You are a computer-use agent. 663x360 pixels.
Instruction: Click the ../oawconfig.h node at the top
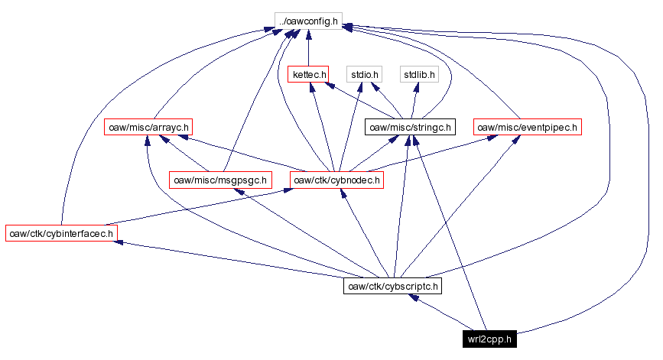click(307, 21)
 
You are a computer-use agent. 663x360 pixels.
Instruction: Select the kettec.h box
click(308, 74)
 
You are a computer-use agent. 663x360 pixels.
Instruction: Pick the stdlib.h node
click(418, 74)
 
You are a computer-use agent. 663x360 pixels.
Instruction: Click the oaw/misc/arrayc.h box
click(148, 127)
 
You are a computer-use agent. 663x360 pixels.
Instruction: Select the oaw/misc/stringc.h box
click(411, 127)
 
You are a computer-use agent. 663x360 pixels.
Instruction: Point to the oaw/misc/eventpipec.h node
click(528, 127)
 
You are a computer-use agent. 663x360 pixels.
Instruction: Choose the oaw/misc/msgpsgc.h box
click(220, 180)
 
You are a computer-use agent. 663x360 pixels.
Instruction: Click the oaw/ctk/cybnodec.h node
click(336, 180)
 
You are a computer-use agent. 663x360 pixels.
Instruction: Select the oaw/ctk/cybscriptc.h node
click(393, 286)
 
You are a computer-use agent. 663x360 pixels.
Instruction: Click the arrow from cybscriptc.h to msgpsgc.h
click(306, 233)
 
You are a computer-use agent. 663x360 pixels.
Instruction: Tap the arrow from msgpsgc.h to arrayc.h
click(184, 154)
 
